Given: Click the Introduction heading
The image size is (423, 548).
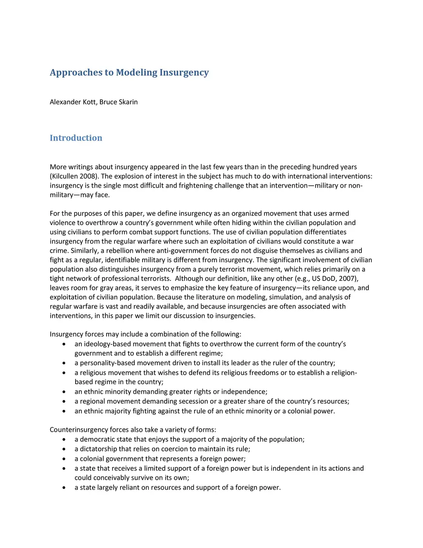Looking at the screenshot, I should [x=76, y=138].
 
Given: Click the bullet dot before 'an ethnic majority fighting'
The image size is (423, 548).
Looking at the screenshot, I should [x=64, y=411].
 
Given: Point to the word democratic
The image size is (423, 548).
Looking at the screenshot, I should [x=97, y=439].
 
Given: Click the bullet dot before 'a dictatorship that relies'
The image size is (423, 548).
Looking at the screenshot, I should [x=64, y=449].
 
